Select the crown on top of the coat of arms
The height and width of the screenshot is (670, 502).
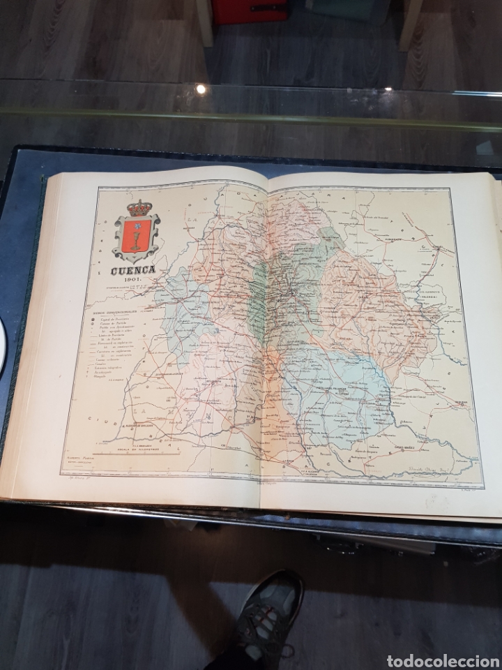140,208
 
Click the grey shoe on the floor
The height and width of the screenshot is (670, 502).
268,614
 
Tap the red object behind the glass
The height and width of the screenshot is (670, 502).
248,10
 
